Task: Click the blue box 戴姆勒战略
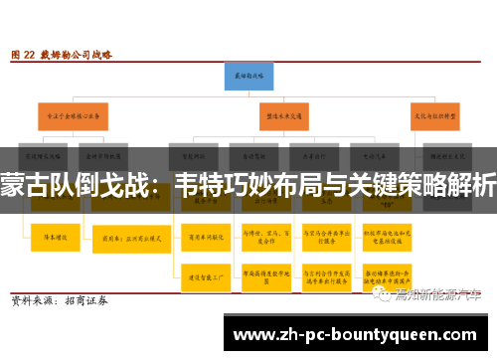[x=248, y=75]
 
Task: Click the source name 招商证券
[x=86, y=300]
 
